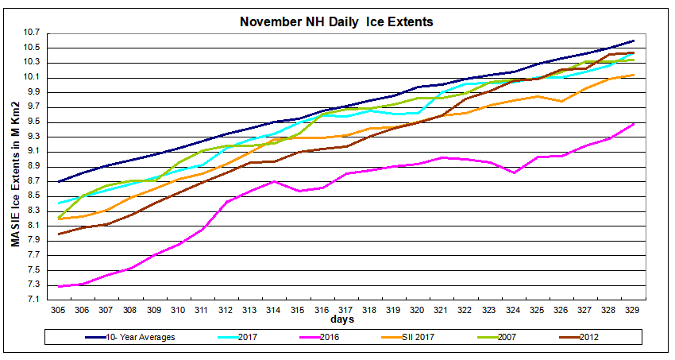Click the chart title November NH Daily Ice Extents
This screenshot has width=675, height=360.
337,21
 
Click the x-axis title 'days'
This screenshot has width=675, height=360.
344,320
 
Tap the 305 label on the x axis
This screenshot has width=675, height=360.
60,310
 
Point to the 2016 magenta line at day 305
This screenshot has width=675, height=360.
60,286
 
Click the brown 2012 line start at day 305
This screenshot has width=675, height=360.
60,234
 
